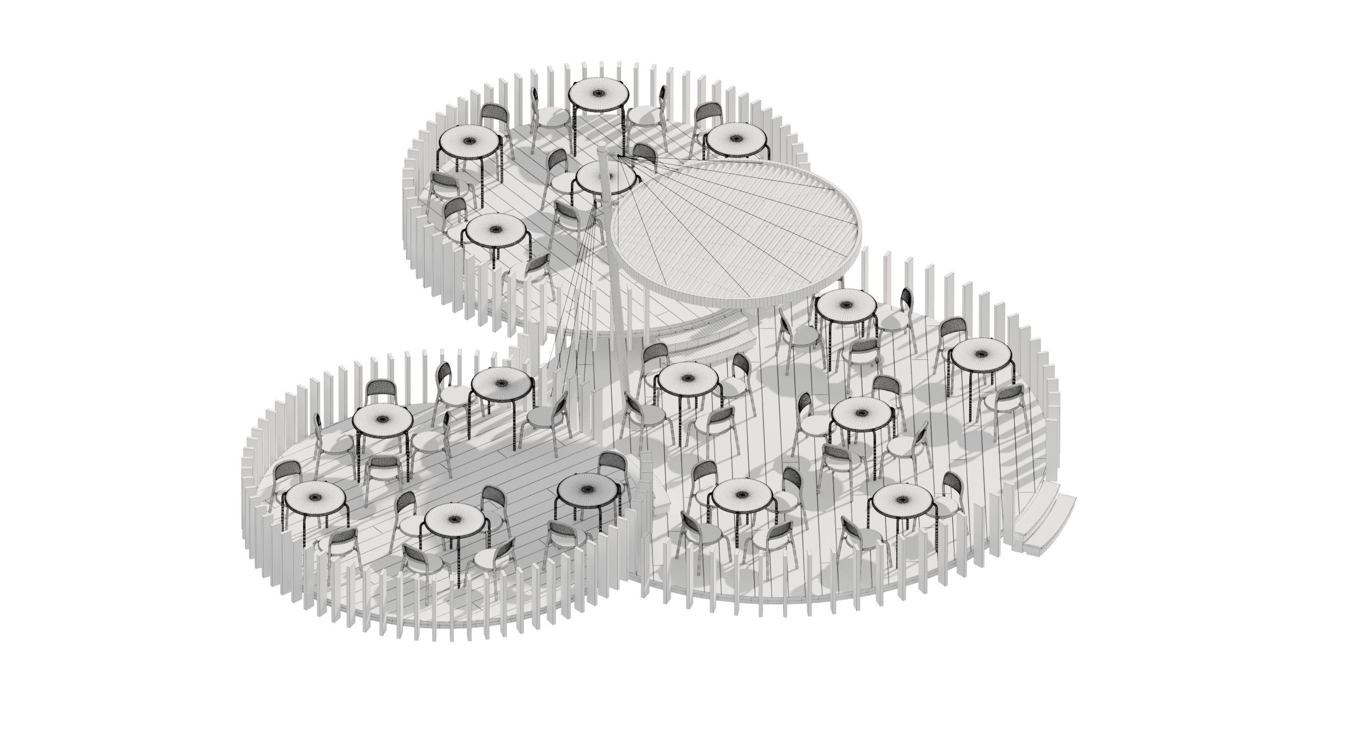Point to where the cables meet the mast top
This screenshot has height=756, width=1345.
618,155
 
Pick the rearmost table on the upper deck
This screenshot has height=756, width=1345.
598,94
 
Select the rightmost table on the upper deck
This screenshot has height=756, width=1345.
736,139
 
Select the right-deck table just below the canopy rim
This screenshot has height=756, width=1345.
846,305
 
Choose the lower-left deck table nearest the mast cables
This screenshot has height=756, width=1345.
502,384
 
